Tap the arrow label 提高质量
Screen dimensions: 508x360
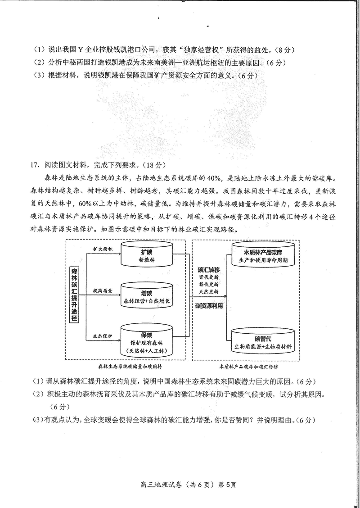point(103,290)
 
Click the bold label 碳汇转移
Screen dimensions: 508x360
point(209,270)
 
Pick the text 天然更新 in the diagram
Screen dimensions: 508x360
point(209,292)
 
